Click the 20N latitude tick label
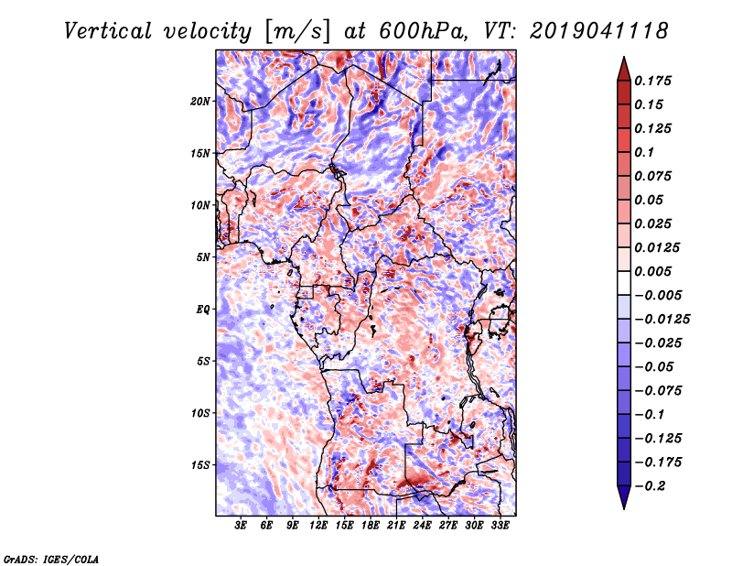(x=199, y=101)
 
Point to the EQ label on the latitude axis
(x=202, y=310)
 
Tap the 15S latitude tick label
(x=200, y=465)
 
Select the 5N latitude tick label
(x=203, y=257)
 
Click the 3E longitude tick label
(x=241, y=526)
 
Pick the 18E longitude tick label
(x=371, y=526)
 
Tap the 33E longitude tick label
(x=500, y=526)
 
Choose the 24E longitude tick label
(x=422, y=526)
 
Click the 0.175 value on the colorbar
(x=652, y=81)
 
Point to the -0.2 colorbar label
(x=649, y=486)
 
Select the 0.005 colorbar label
(x=652, y=271)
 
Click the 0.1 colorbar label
(x=644, y=152)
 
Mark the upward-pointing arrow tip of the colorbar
(x=624, y=57)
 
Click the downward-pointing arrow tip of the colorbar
(x=624, y=509)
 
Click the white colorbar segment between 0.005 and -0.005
(x=624, y=283)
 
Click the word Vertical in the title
(x=108, y=31)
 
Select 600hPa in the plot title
(x=423, y=31)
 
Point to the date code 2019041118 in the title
(x=598, y=31)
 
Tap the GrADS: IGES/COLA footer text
(x=51, y=560)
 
